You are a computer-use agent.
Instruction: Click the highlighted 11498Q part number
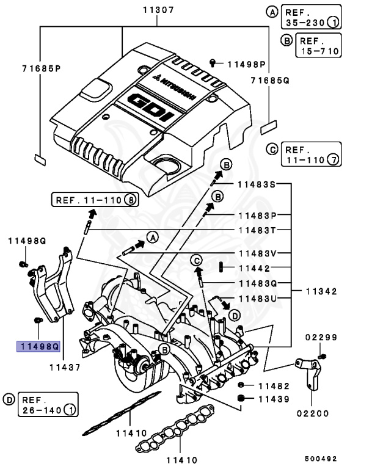[38, 346]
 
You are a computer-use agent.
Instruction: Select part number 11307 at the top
[158, 10]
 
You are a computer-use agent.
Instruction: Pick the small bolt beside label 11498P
[213, 62]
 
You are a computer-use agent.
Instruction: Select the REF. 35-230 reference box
[304, 17]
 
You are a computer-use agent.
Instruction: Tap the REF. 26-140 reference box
[48, 404]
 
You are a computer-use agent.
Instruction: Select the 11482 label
[273, 385]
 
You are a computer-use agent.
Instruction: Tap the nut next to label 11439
[241, 399]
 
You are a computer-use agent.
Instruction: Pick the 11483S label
[257, 184]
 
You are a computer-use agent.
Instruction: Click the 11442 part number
[254, 268]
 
